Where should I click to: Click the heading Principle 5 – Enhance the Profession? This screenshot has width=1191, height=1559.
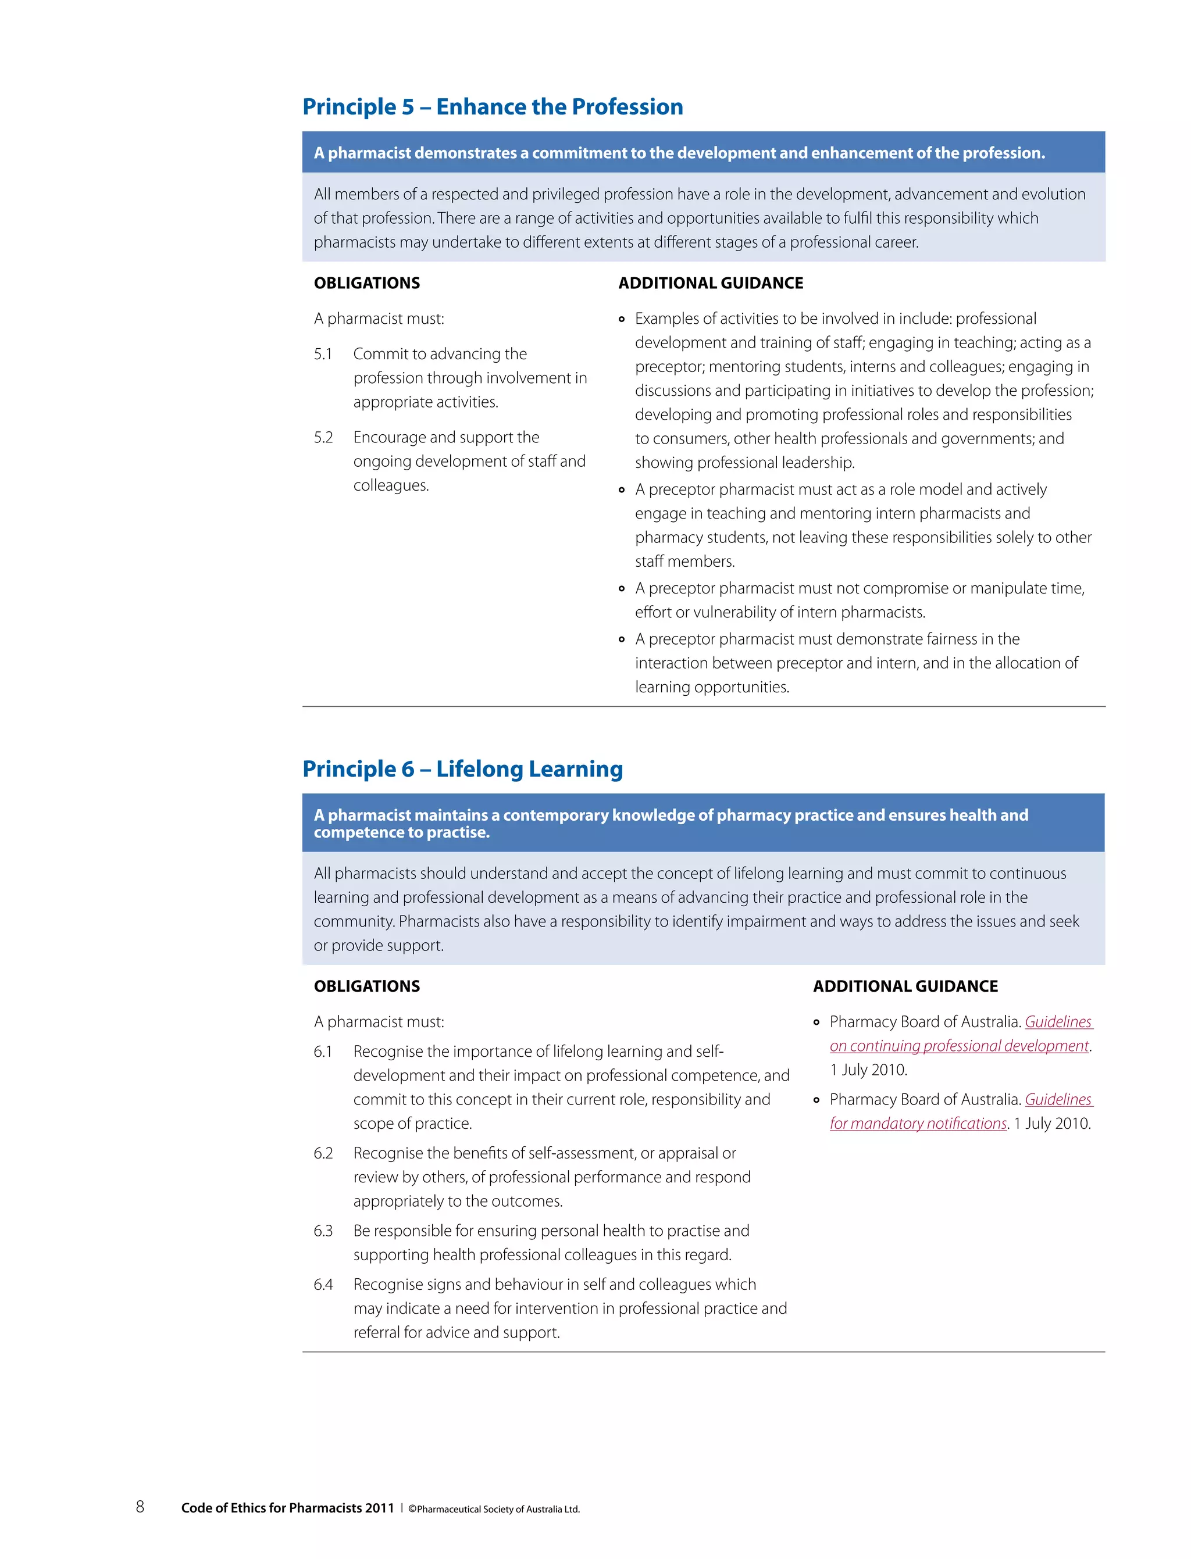pyautogui.click(x=493, y=106)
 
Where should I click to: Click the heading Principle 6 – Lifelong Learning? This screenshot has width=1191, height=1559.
pyautogui.click(x=462, y=769)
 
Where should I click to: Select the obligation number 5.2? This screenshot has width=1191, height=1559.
pyautogui.click(x=323, y=437)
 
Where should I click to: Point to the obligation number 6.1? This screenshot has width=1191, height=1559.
pyautogui.click(x=323, y=1052)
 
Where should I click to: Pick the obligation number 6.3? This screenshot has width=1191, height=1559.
pyautogui.click(x=323, y=1231)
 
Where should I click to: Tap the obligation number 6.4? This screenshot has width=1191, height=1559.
pyautogui.click(x=323, y=1285)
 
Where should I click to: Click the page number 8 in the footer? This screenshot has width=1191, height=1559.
pyautogui.click(x=140, y=1507)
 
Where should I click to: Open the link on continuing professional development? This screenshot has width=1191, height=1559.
pyautogui.click(x=959, y=1046)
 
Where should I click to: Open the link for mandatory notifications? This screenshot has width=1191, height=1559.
pyautogui.click(x=918, y=1124)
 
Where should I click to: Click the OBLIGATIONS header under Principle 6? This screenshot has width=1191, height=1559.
pyautogui.click(x=366, y=986)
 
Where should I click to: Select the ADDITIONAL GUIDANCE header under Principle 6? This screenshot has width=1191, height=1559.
pyautogui.click(x=905, y=986)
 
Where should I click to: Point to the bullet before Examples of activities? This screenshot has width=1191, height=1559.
pyautogui.click(x=622, y=320)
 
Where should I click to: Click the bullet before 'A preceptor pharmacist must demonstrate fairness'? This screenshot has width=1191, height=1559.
pyautogui.click(x=622, y=640)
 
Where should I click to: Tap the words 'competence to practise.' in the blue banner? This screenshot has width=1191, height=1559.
pyautogui.click(x=401, y=832)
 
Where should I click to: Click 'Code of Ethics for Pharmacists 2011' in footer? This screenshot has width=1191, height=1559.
pyautogui.click(x=287, y=1508)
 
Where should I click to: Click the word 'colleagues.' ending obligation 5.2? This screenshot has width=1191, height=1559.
pyautogui.click(x=391, y=485)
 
